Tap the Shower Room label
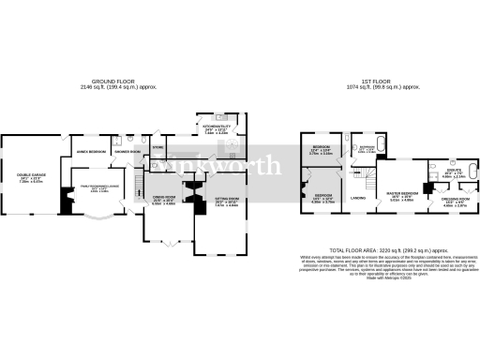pyautogui.click(x=127, y=151)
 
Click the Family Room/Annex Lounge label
pyautogui.click(x=99, y=187)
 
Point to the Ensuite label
pyautogui.click(x=453, y=172)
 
